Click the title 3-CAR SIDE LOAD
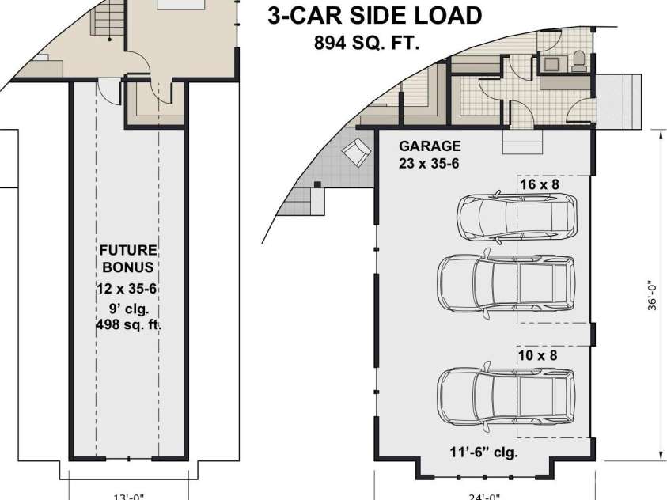pos(375,16)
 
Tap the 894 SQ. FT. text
pos(366,43)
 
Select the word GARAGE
pos(430,146)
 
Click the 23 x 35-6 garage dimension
pos(429,163)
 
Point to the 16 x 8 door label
pos(540,184)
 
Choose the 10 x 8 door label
pos(538,355)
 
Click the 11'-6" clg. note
pos(484,452)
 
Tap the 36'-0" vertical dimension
pos(652,295)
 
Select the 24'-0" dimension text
pos(484,496)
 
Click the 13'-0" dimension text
pos(128,496)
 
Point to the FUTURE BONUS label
pos(128,259)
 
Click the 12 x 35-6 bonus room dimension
pos(127,289)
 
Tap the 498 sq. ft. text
pos(129,325)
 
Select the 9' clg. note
pos(129,309)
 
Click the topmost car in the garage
pos(517,217)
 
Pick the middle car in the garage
pos(506,283)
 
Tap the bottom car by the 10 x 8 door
pos(506,396)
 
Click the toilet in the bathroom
pos(579,61)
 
